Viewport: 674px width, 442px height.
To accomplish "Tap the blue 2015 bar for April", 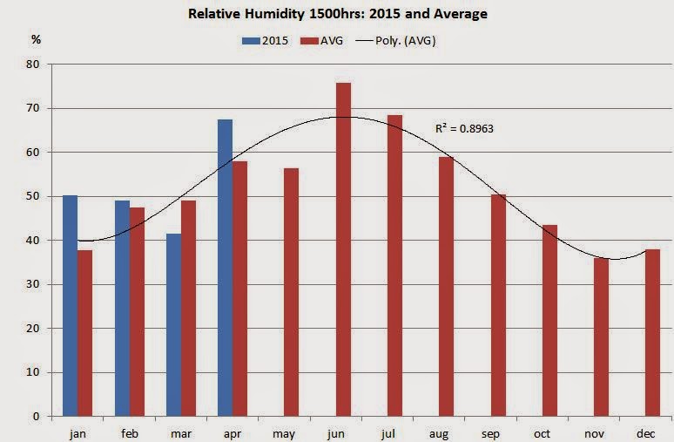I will point(225,268).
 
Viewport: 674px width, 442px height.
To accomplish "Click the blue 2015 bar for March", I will point(173,324).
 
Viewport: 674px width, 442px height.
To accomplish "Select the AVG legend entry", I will point(322,40).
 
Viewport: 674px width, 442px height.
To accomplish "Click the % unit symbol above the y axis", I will point(36,40).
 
